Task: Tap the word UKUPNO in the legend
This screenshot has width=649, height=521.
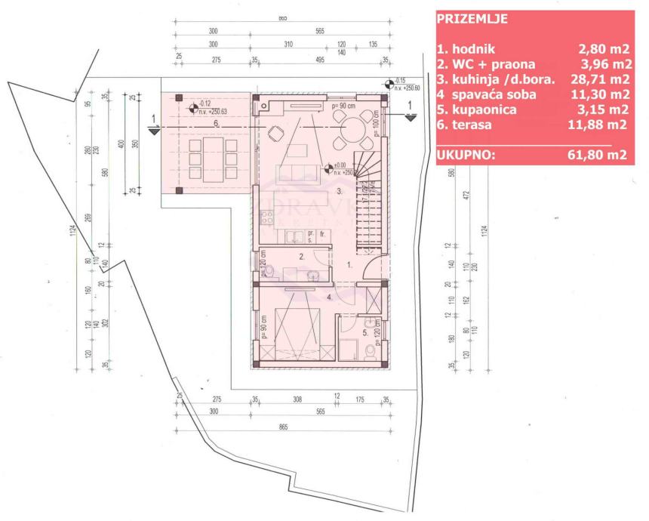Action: tap(466, 156)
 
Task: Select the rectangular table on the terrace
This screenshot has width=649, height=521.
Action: tap(205, 155)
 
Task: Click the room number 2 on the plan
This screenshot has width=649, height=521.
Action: tap(301, 257)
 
